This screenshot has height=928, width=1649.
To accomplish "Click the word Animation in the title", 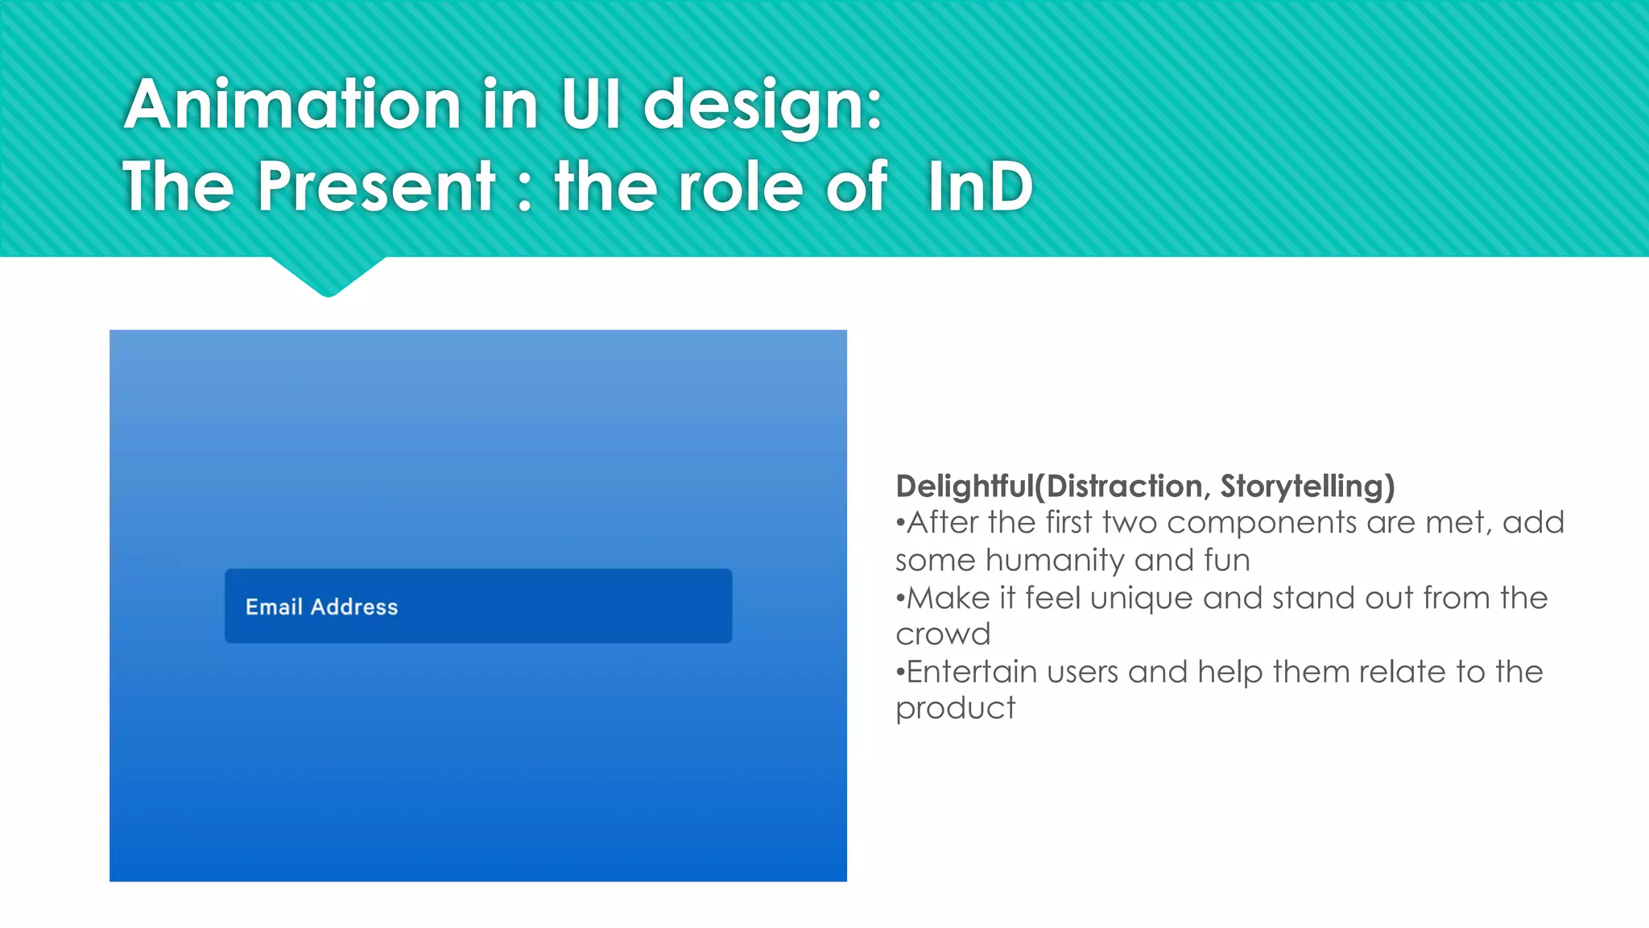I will (292, 105).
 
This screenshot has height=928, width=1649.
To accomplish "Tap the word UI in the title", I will (591, 105).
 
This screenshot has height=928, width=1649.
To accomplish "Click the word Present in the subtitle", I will (376, 187).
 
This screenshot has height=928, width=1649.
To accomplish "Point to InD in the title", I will (980, 187).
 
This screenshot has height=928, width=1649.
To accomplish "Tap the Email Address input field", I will (477, 606).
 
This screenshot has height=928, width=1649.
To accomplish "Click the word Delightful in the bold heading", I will (965, 486).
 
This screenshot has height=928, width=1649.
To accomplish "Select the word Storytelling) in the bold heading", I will (1307, 487).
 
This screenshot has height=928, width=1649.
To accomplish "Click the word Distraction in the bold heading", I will (1124, 487).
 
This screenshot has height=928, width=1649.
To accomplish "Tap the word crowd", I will (943, 635).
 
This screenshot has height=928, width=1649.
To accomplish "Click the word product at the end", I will (955, 709).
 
